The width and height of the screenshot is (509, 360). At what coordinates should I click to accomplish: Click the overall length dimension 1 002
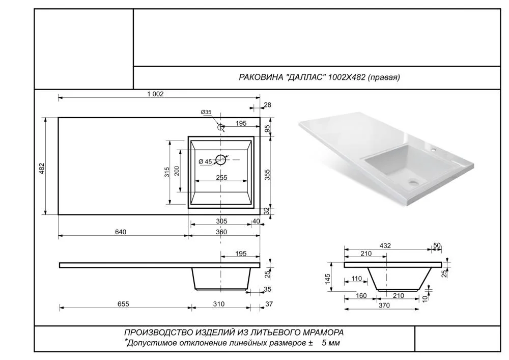[x=155, y=94]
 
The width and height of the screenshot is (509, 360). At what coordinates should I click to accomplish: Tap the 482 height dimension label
[x=42, y=168]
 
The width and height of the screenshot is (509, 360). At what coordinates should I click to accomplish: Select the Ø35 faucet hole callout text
[x=206, y=112]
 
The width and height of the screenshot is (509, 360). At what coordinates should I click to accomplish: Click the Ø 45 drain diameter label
[x=205, y=161]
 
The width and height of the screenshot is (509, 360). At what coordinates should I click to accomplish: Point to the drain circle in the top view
[x=221, y=159]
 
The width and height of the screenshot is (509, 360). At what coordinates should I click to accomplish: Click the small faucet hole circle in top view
[x=221, y=127]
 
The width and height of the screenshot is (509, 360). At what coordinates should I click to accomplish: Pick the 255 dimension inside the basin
[x=221, y=178]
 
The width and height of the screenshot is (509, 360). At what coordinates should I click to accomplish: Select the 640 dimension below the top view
[x=120, y=232]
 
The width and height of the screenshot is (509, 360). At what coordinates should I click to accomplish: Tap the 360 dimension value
[x=221, y=232]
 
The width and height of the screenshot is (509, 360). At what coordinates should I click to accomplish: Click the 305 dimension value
[x=221, y=221]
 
